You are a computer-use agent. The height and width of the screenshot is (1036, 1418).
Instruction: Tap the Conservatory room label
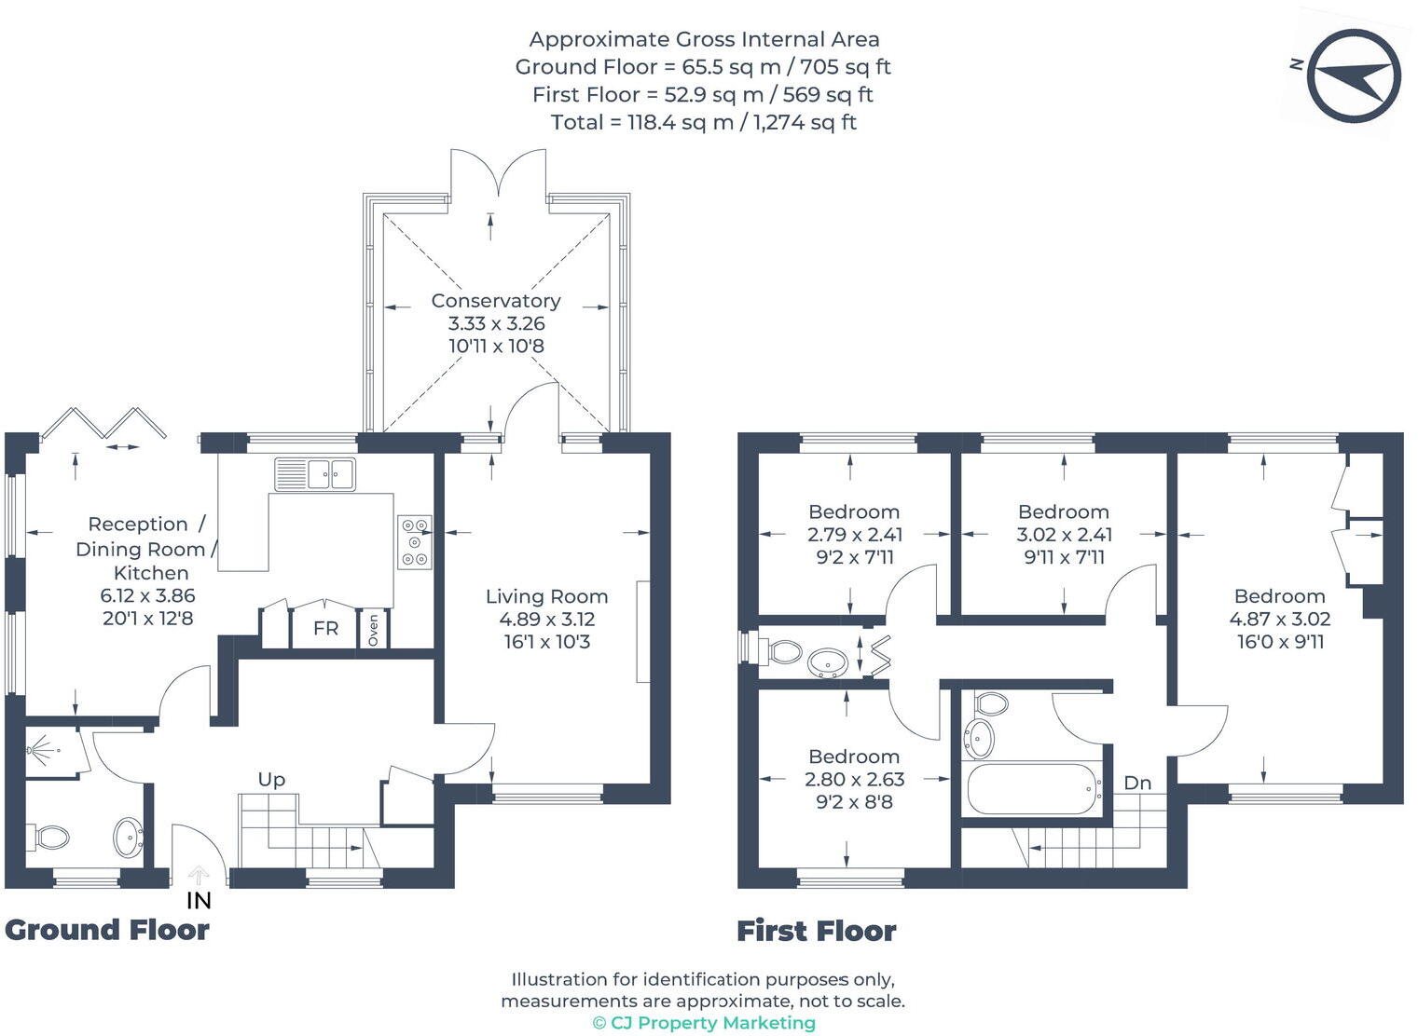[x=495, y=301]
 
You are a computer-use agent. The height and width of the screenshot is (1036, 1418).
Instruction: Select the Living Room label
[x=546, y=596]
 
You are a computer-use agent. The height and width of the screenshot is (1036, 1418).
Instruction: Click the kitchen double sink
[x=315, y=473]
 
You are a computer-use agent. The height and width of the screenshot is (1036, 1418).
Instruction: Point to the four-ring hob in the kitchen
[x=414, y=541]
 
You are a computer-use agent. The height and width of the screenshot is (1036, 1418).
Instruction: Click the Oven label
[x=374, y=630]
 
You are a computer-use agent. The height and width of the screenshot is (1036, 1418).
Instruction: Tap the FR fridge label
[x=325, y=629]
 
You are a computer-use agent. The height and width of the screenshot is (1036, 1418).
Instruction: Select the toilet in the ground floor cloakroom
[x=49, y=837]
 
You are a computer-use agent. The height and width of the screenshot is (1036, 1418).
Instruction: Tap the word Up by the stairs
[x=271, y=780]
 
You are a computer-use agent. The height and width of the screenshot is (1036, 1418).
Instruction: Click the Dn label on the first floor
[x=1137, y=784]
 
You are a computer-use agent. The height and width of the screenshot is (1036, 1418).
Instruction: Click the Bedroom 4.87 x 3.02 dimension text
[x=1279, y=619]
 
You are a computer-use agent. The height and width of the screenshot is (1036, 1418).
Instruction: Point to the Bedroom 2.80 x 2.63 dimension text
[x=854, y=780]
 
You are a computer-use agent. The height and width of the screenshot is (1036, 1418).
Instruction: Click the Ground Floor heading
[x=107, y=930]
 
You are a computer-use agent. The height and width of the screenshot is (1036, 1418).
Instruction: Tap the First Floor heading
[x=816, y=931]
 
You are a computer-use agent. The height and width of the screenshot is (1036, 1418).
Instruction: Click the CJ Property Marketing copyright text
[x=704, y=1023]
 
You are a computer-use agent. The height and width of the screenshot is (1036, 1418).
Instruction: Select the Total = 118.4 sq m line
[x=703, y=122]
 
